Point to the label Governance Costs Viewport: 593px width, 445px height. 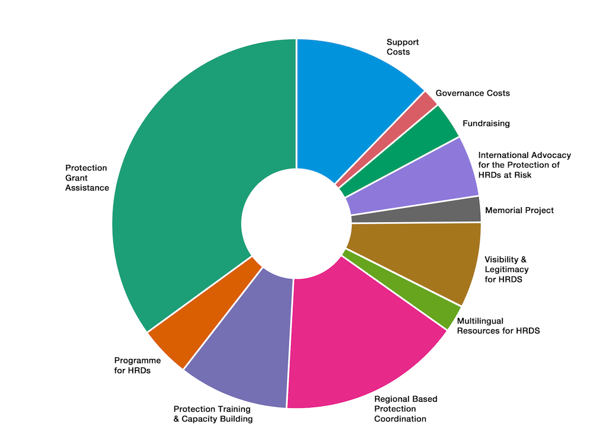[x=473, y=93]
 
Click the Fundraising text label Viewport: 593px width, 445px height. [x=486, y=123]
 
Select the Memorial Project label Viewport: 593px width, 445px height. [x=519, y=210]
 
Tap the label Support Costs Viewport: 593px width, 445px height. [x=403, y=47]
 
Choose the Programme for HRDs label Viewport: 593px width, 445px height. [x=137, y=365]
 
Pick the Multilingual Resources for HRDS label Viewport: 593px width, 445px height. [x=498, y=326]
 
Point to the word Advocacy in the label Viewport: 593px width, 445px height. [x=551, y=155]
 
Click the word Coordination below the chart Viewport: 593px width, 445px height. [x=400, y=419]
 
